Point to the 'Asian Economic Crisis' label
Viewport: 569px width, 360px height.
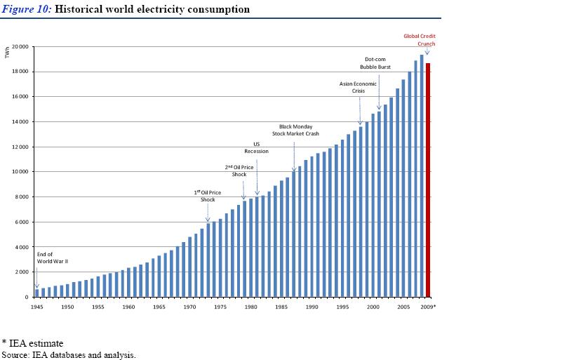[358, 87]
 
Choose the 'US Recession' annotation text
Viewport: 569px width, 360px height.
[256, 147]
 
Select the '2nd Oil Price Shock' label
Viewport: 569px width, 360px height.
[239, 171]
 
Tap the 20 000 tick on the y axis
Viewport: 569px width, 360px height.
[20, 46]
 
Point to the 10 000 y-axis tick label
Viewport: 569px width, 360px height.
[20, 172]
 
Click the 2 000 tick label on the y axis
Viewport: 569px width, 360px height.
[21, 272]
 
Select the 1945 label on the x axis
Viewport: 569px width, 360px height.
[36, 307]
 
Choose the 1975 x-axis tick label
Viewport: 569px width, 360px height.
[220, 307]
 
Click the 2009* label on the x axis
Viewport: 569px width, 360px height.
[428, 307]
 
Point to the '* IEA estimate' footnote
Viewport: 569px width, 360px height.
[32, 343]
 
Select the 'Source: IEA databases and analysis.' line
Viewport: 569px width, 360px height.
[68, 354]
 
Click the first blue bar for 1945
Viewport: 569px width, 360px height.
[36, 293]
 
